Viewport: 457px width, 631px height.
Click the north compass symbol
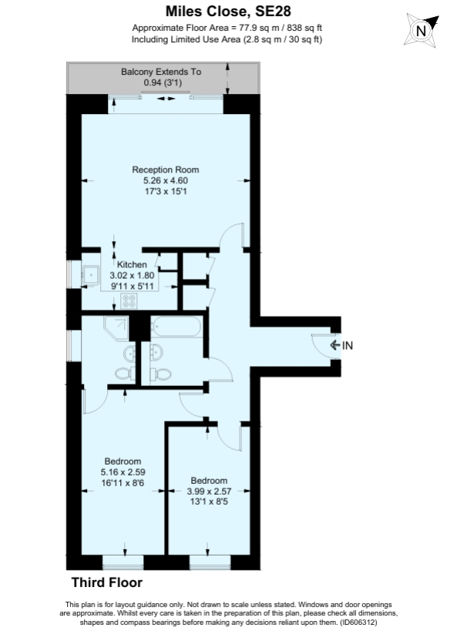[x=420, y=32]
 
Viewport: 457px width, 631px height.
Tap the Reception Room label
[x=166, y=169]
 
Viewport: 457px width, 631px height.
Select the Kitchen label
[x=132, y=264]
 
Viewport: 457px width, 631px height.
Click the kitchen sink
[x=92, y=273]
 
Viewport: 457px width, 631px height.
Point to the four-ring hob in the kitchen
[x=129, y=302]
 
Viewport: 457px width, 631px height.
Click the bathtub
[x=177, y=327]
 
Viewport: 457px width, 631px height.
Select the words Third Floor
[x=106, y=583]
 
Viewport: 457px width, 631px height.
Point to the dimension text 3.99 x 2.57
[x=209, y=491]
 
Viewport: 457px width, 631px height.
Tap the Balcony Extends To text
[x=161, y=72]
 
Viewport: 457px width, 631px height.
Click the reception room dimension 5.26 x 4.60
[x=166, y=180]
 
